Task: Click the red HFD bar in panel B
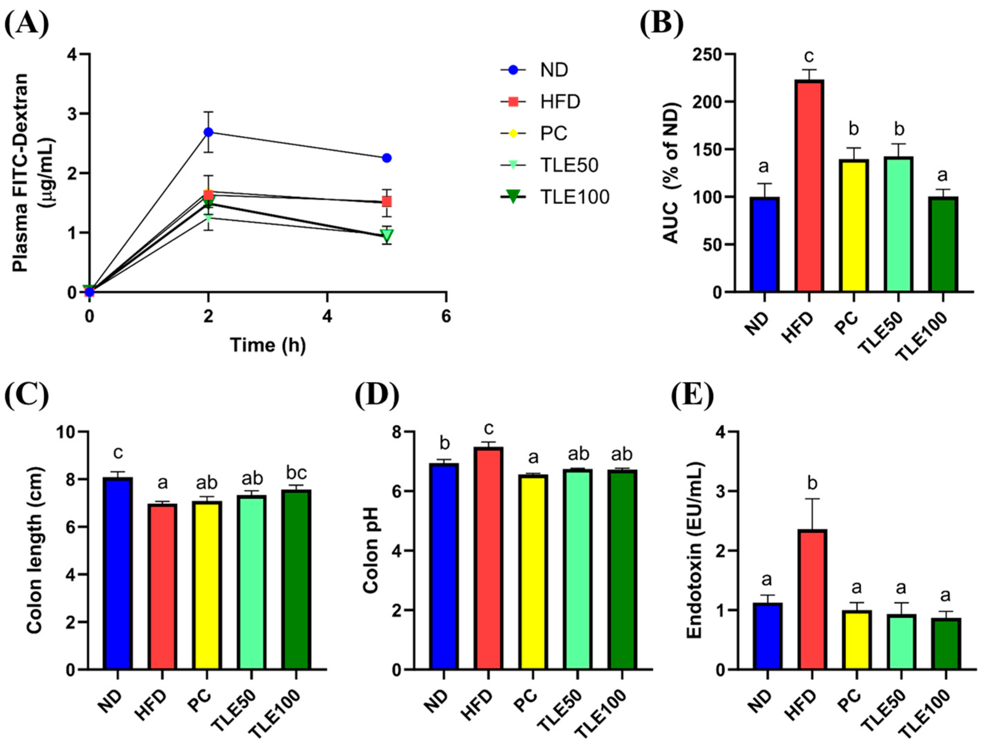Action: (x=809, y=186)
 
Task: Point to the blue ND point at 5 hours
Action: (x=387, y=158)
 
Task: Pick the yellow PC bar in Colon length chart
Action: (x=207, y=585)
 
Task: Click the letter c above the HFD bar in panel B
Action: (x=809, y=57)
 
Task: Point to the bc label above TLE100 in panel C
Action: (x=296, y=473)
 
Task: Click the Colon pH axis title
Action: (x=371, y=551)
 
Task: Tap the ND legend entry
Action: (x=534, y=70)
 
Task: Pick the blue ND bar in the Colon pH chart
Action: (x=444, y=566)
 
